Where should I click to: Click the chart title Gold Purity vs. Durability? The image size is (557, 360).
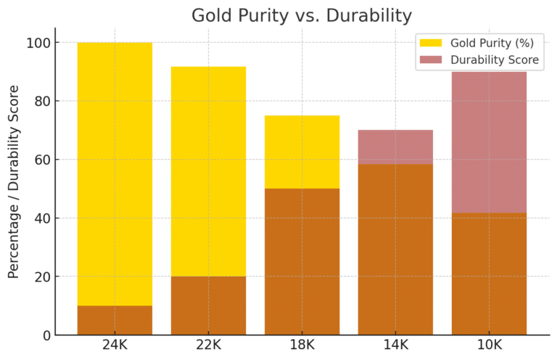pos(301,15)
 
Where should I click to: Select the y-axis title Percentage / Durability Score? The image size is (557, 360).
pos(14,181)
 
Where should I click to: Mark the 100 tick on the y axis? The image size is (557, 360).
pos(37,43)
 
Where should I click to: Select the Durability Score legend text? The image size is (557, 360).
pos(495,60)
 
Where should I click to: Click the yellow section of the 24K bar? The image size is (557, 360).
pos(115,174)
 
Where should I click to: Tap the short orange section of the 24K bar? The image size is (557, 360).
pos(115,320)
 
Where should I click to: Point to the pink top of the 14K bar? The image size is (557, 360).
pos(395,147)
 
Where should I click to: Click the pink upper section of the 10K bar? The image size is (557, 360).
pos(489,142)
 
